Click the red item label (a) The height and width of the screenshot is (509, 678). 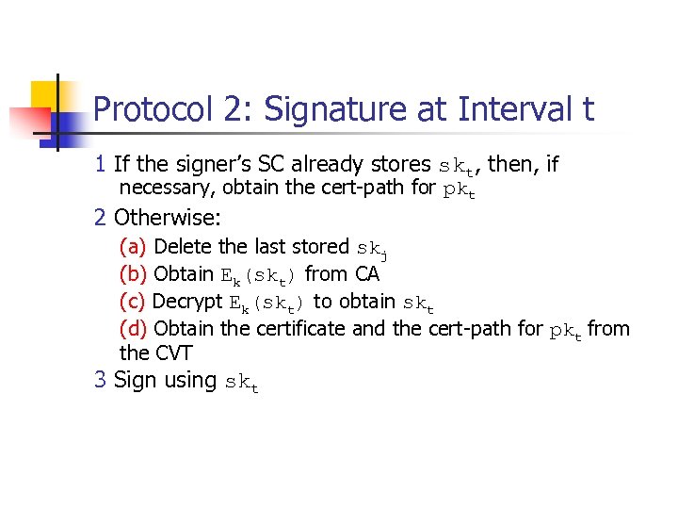[133, 247]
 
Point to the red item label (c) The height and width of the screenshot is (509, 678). [133, 302]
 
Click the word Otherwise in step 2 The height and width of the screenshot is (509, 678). [168, 219]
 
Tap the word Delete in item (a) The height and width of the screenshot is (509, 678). [183, 247]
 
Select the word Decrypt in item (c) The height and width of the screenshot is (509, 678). [187, 302]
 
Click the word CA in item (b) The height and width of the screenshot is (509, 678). [367, 274]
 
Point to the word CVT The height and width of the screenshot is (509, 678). [170, 353]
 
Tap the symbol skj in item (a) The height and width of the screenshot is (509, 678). [373, 249]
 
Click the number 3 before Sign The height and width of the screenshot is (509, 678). [100, 381]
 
